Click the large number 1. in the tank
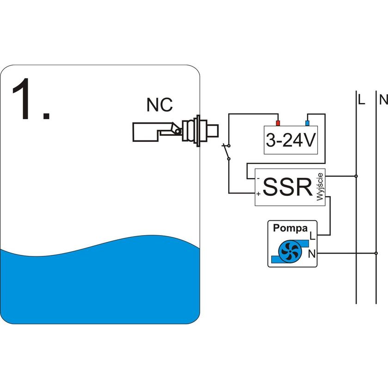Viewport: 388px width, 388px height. (x=30, y=99)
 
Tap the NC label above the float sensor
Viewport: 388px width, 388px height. (x=159, y=105)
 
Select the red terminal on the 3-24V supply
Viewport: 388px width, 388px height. (x=278, y=123)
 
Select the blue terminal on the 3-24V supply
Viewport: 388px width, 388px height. (x=307, y=123)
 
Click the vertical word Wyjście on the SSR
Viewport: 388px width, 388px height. (x=320, y=187)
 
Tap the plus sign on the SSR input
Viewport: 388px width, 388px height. (x=258, y=194)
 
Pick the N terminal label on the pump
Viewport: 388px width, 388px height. (x=312, y=253)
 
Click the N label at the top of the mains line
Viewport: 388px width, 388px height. (x=382, y=99)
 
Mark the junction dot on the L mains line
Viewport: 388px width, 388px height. (x=356, y=176)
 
